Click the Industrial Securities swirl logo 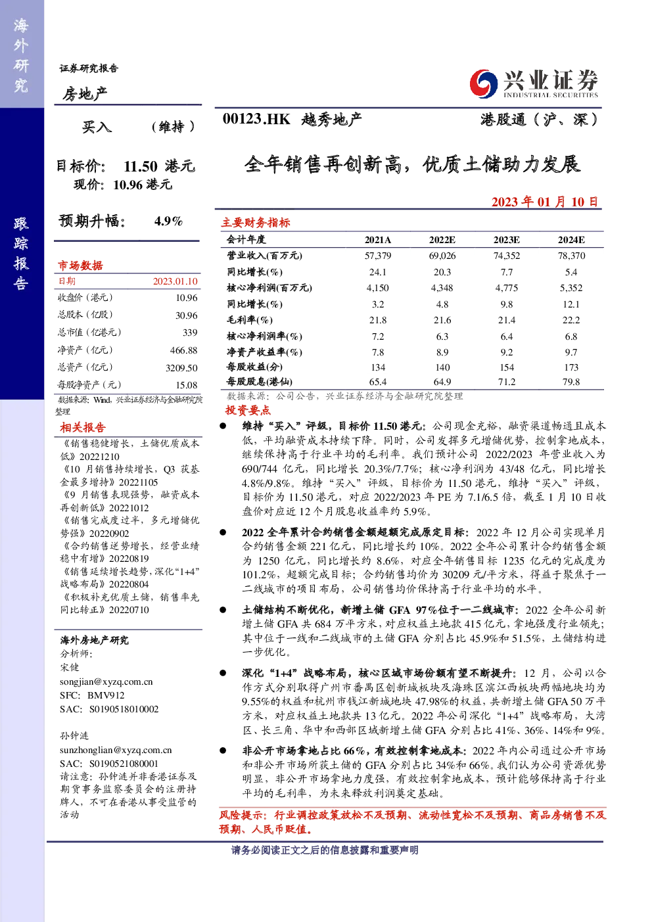coord(483,83)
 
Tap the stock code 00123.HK coord(256,119)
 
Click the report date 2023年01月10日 coord(545,202)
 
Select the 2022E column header coord(442,240)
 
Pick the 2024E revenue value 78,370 coord(571,256)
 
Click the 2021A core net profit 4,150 coord(377,288)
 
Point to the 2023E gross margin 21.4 coord(507,320)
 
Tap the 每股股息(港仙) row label coord(260,382)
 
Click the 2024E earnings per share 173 coord(571,367)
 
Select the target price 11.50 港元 coord(159,166)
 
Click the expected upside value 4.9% coord(168,221)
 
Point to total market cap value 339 coord(190,332)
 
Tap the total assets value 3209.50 coord(181,367)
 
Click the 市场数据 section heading coord(80,265)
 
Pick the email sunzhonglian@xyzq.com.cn coord(116,750)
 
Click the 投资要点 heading coord(248,410)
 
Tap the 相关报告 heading coord(83,427)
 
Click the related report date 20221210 coord(99,457)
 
